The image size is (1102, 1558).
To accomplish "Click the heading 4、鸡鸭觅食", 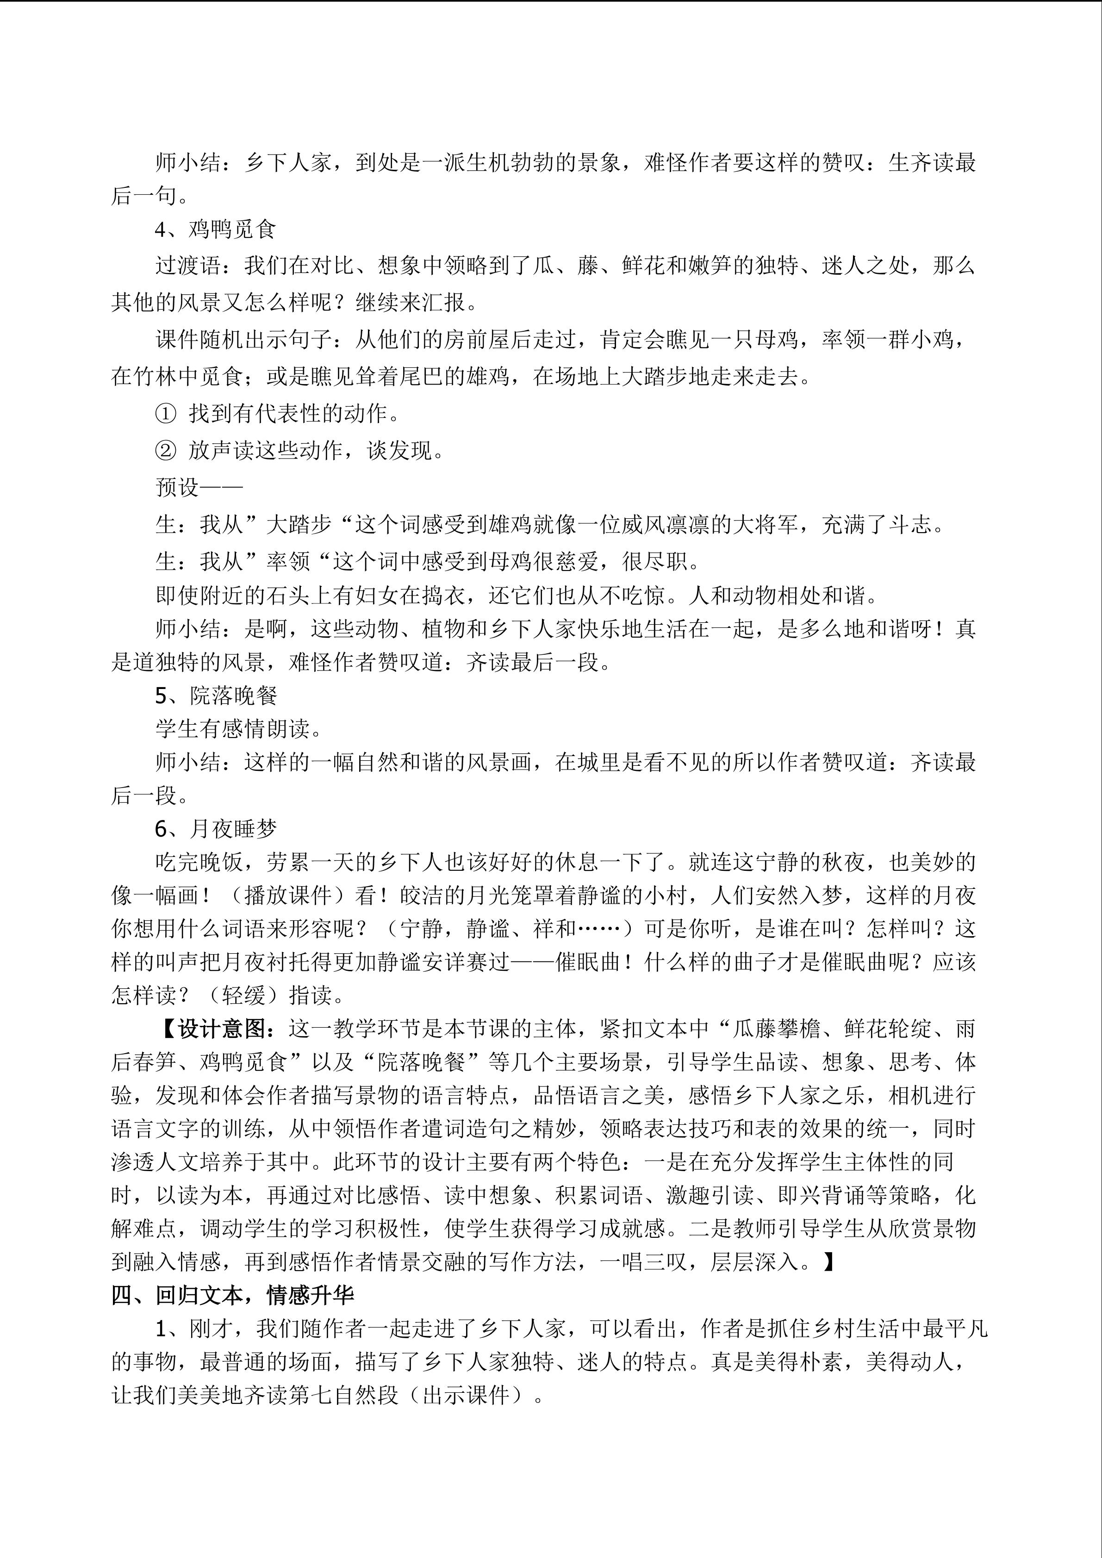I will point(215,230).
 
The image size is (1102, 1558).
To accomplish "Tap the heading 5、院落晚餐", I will point(216,695).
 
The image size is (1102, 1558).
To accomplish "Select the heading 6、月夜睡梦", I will point(216,829).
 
